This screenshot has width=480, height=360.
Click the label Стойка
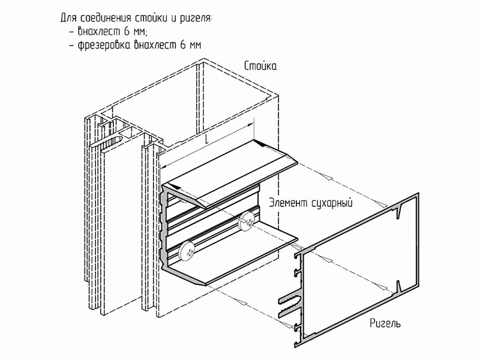point(260,65)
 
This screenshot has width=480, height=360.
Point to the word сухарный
point(332,203)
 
